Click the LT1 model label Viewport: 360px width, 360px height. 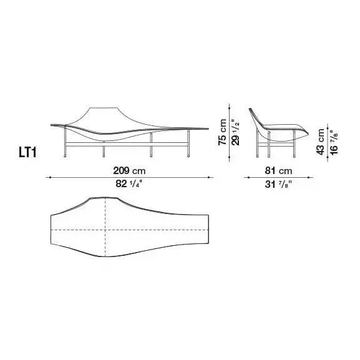click(27, 152)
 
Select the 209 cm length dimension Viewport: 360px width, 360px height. click(129, 170)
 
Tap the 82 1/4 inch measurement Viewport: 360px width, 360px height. click(129, 183)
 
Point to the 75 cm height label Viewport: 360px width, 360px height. click(223, 132)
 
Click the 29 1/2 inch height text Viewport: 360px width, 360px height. click(236, 132)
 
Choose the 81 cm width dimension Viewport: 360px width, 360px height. click(278, 170)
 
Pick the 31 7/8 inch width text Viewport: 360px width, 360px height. click(278, 184)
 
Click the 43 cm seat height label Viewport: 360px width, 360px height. click(320, 142)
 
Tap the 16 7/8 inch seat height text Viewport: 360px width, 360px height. click(334, 143)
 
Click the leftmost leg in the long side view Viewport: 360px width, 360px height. click(66, 142)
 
